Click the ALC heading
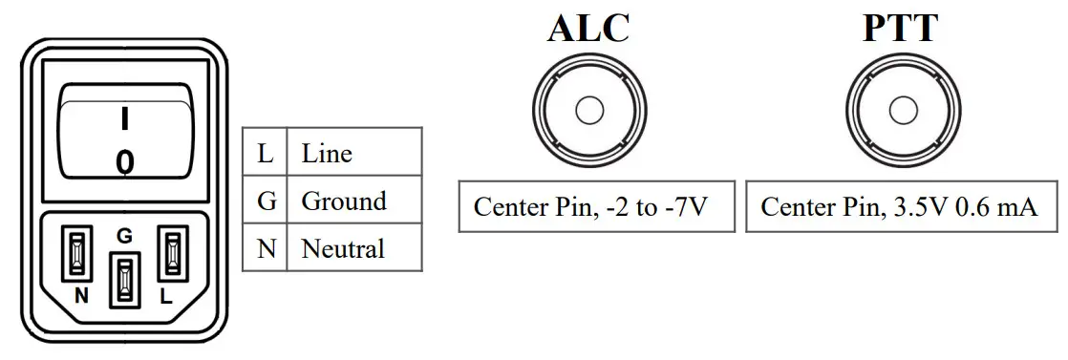click(588, 28)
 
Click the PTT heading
click(900, 28)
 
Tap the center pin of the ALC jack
click(589, 111)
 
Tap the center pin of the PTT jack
click(902, 111)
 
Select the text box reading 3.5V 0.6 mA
click(899, 206)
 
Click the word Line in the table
click(327, 154)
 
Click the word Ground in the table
click(343, 201)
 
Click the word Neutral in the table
click(342, 249)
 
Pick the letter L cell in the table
click(266, 154)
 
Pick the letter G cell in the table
click(266, 201)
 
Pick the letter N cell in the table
click(266, 249)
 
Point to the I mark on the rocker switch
click(124, 118)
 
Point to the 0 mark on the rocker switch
click(125, 162)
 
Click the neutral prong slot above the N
click(77, 254)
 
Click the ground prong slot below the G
click(124, 280)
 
